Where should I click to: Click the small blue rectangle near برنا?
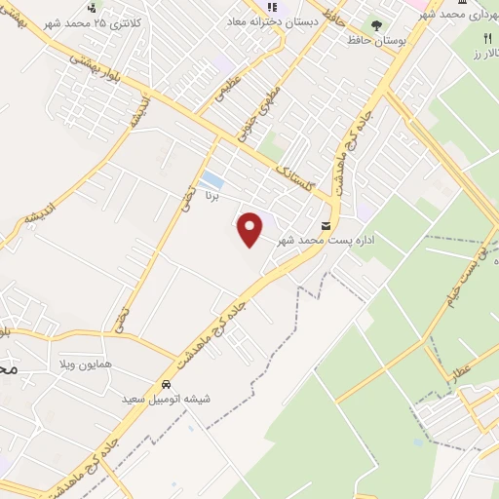[x=210, y=179]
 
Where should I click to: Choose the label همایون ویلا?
[x=108, y=363]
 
